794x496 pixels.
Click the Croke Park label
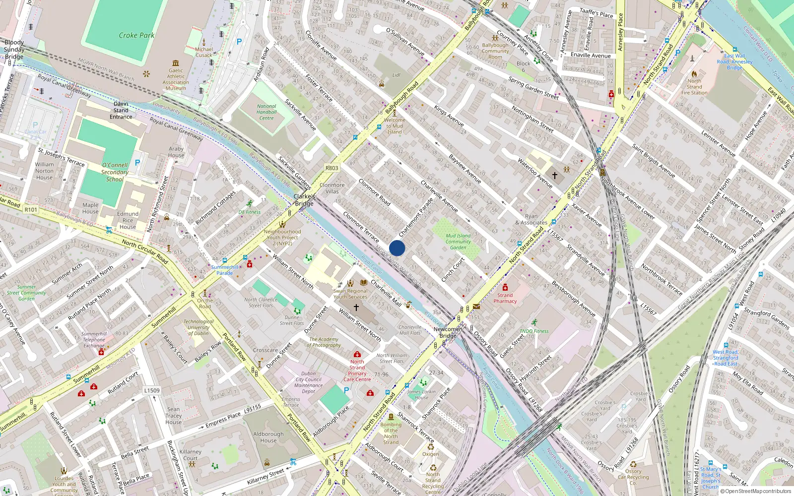coord(136,36)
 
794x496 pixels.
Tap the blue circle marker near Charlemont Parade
coord(397,248)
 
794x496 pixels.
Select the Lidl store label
coord(396,75)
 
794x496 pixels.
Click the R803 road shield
coord(332,168)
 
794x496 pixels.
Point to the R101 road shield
coord(31,210)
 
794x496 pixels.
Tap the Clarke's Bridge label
coord(304,200)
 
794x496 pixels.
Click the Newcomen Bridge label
coord(448,332)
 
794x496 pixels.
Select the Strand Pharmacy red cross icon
coord(505,288)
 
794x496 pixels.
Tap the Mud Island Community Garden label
coord(458,242)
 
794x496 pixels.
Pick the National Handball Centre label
coord(266,112)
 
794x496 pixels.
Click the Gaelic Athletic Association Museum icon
coord(176,63)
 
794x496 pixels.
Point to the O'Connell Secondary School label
coord(115,172)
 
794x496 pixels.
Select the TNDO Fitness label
coord(534,331)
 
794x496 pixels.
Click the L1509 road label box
coord(152,390)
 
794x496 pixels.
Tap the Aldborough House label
coord(268,437)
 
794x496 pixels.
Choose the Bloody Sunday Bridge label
coord(14,50)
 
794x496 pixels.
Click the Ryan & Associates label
coord(531,219)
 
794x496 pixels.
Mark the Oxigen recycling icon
coord(430,447)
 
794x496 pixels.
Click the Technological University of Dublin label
coord(198,327)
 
